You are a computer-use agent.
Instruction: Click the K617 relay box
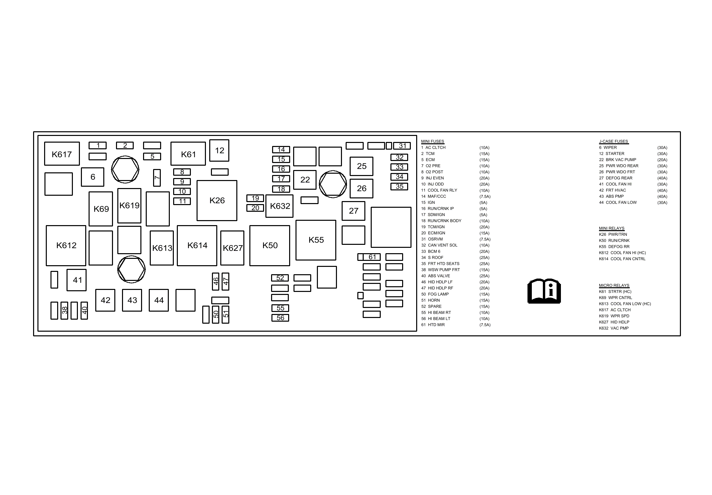(x=62, y=154)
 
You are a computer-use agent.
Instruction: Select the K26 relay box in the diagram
(x=217, y=200)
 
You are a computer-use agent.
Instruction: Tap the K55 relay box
(x=316, y=240)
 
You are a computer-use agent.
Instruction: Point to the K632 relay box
(x=279, y=206)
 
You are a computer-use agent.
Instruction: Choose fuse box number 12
(x=219, y=150)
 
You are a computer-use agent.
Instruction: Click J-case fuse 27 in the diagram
(x=353, y=211)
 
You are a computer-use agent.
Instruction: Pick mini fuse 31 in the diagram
(x=402, y=146)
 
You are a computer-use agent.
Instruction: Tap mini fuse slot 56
(x=280, y=318)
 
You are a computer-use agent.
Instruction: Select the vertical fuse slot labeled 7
(x=157, y=178)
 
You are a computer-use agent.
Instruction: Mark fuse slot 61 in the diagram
(x=372, y=257)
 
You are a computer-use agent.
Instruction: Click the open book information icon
(x=544, y=291)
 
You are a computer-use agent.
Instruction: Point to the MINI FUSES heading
(x=433, y=141)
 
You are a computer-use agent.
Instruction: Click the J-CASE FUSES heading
(x=614, y=141)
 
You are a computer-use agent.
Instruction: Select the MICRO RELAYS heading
(x=614, y=286)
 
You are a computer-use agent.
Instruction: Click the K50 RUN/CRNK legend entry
(x=614, y=240)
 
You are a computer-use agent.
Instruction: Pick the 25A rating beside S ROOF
(x=484, y=258)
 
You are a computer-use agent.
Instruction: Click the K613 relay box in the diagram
(x=162, y=248)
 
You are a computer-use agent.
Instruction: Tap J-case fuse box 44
(x=159, y=300)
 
